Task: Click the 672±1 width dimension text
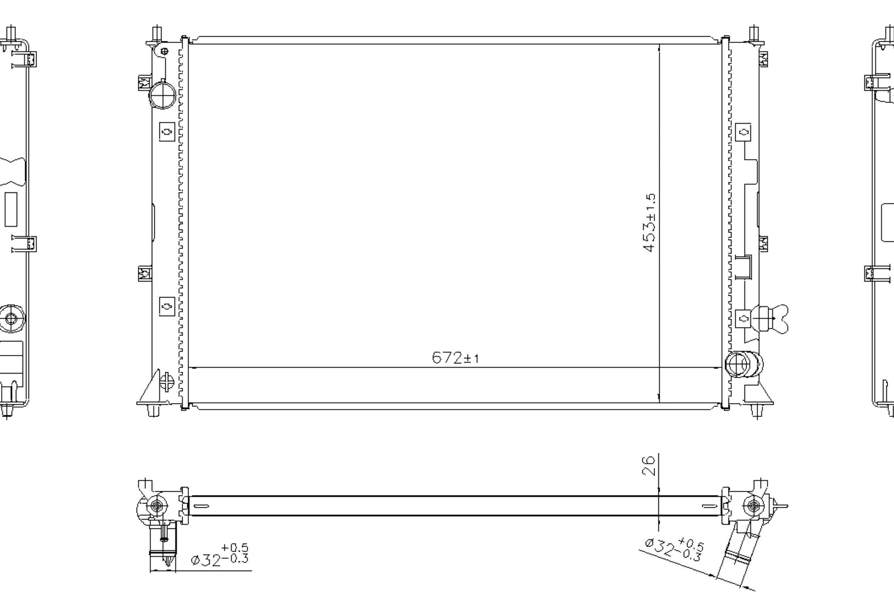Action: pyautogui.click(x=455, y=358)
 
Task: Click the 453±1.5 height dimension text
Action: pyautogui.click(x=649, y=223)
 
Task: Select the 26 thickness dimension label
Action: pyautogui.click(x=649, y=466)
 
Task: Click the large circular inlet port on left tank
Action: pyautogui.click(x=163, y=95)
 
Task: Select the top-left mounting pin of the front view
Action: pyautogui.click(x=157, y=34)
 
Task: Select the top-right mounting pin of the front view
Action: pyautogui.click(x=754, y=34)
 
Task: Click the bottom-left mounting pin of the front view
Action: pyautogui.click(x=153, y=410)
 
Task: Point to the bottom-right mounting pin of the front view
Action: pyautogui.click(x=757, y=410)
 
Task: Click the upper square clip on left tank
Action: pyautogui.click(x=167, y=132)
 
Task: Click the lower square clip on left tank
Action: pyautogui.click(x=167, y=306)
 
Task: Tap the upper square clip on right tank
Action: pyautogui.click(x=743, y=132)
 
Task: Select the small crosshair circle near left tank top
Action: pyautogui.click(x=165, y=51)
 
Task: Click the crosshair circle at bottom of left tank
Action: pyautogui.click(x=167, y=381)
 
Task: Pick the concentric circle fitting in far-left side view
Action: pyautogui.click(x=11, y=318)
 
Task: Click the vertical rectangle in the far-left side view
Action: pyautogui.click(x=11, y=209)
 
